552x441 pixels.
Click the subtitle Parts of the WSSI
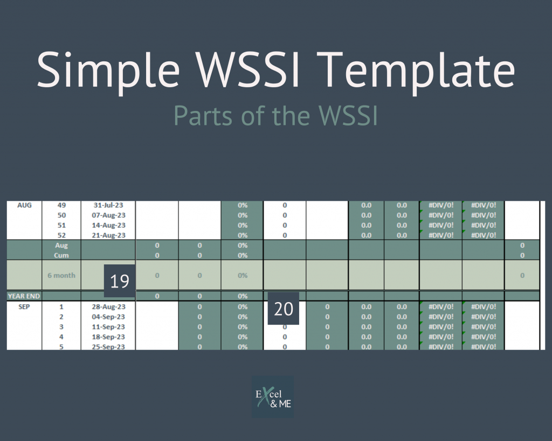275,114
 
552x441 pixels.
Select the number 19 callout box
120,281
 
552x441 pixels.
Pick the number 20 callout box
283,309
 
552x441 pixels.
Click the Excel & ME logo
273,396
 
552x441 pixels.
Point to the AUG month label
24,205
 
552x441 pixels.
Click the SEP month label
24,306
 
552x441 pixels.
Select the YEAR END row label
24,296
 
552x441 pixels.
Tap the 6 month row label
61,275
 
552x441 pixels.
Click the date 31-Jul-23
108,205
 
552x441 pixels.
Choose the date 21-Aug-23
108,235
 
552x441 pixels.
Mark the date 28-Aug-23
108,306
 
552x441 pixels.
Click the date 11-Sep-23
108,327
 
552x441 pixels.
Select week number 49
61,205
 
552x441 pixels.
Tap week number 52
61,235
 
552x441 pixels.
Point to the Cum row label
61,255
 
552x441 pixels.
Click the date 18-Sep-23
108,337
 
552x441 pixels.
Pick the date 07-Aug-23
108,215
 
